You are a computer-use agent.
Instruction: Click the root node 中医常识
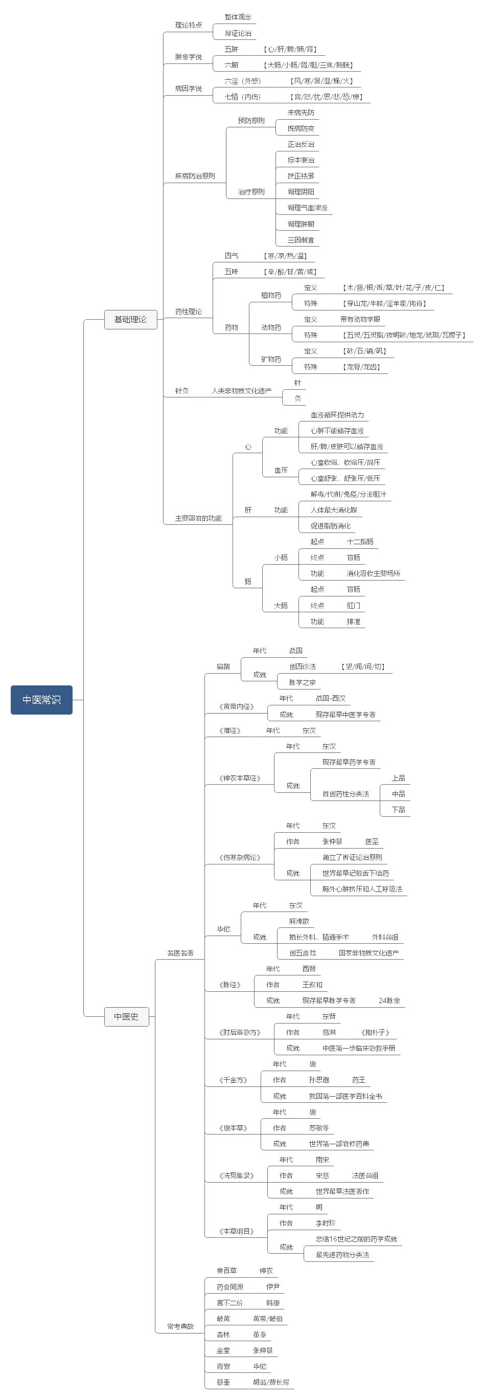click(41, 699)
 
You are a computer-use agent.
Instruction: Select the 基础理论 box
click(130, 319)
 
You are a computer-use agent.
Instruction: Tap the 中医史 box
click(126, 1016)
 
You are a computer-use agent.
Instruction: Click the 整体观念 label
click(238, 17)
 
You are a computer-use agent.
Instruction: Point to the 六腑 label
click(232, 64)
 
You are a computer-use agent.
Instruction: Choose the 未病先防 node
click(301, 113)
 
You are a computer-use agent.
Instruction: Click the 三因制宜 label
click(301, 240)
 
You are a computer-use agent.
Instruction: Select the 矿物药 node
click(271, 359)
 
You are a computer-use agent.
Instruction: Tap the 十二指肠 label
click(360, 541)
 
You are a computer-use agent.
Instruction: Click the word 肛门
click(354, 606)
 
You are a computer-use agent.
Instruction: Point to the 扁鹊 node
click(223, 666)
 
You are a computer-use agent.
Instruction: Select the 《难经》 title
click(230, 730)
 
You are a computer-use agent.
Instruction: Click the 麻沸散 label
click(299, 921)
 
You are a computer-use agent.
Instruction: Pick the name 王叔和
click(312, 985)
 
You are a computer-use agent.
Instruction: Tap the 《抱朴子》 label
click(375, 1032)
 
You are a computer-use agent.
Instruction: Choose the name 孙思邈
click(319, 1080)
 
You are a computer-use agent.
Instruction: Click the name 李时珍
click(326, 1223)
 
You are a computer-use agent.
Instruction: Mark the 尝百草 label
click(226, 1271)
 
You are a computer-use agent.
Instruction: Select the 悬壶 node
click(223, 1382)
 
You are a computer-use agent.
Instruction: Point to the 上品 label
click(398, 777)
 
